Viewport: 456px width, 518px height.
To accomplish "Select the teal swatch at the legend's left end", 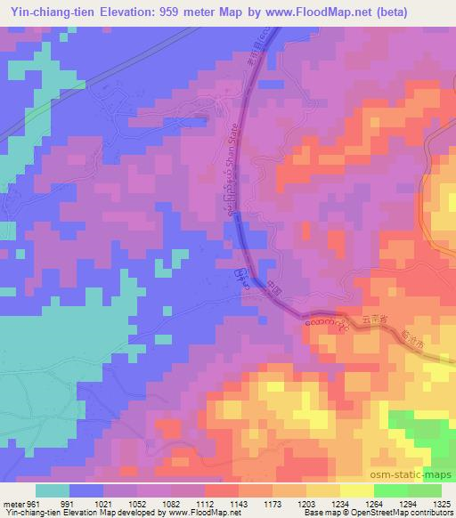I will coord(53,490).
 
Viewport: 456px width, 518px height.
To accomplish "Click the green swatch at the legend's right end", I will coord(424,490).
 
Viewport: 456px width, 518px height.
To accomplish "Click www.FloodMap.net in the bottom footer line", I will coord(190,514).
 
